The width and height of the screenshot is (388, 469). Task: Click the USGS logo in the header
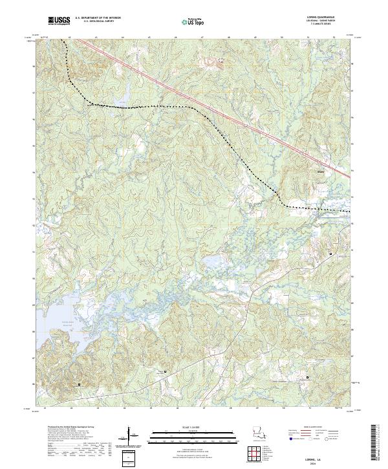(x=59, y=21)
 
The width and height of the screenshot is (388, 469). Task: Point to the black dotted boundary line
(x=162, y=105)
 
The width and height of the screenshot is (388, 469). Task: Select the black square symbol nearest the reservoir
(x=80, y=384)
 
